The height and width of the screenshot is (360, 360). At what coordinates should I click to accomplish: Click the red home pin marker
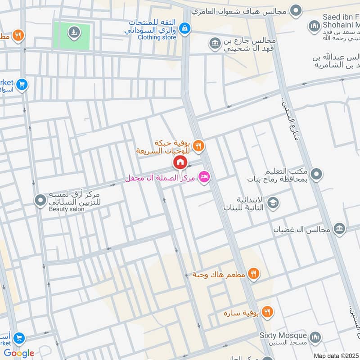[x=180, y=162]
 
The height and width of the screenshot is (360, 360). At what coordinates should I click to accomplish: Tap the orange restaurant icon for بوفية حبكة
[x=198, y=145]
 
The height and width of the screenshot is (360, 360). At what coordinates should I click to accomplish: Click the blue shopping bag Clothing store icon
[x=184, y=28]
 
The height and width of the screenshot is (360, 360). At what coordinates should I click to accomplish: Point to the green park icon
[x=73, y=32]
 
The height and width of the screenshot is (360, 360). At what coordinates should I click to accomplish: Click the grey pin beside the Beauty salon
[x=41, y=199]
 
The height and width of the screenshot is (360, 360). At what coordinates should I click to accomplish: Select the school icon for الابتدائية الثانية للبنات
[x=273, y=203]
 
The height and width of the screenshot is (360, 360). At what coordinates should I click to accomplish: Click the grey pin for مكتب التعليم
[x=316, y=175]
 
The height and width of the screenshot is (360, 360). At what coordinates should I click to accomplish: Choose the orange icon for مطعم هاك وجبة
[x=253, y=274]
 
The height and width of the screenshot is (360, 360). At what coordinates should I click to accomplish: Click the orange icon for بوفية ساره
[x=267, y=311]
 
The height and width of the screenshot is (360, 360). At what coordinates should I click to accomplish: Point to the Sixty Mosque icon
[x=316, y=337]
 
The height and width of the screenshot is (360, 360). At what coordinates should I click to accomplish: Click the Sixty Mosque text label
[x=283, y=336]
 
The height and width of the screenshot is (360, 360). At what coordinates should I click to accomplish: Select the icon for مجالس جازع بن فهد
[x=215, y=44]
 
